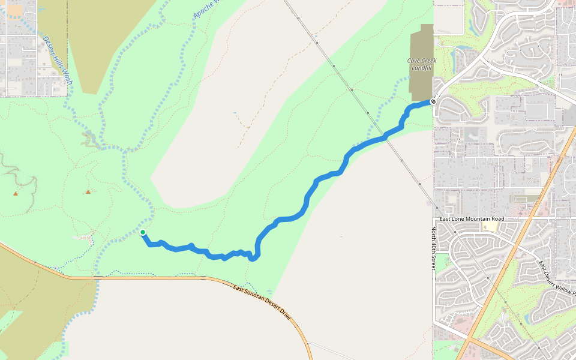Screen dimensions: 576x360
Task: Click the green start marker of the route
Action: [143, 232]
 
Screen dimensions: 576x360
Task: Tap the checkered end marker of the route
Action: [433, 101]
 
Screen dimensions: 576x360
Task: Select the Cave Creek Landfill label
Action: [422, 64]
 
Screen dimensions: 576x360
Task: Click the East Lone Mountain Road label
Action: [472, 219]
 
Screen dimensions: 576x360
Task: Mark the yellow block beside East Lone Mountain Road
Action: [491, 227]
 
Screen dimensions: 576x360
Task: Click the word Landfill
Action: [422, 68]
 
